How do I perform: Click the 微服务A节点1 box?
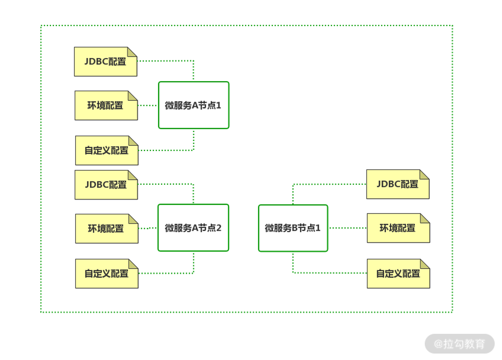point(194,105)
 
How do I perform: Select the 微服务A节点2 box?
point(193,228)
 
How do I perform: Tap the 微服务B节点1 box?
point(293,228)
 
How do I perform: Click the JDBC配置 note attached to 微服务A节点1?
point(106,62)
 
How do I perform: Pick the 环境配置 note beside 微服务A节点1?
point(106,106)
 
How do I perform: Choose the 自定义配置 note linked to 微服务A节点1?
point(106,151)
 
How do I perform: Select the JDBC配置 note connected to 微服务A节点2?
point(106,185)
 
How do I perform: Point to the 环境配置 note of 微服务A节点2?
point(106,229)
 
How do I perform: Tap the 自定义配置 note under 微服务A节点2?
point(106,274)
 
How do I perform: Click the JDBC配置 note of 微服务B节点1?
point(398,185)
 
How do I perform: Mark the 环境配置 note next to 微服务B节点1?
point(398,228)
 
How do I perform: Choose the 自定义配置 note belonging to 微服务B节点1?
point(398,274)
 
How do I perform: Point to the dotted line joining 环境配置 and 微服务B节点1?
point(348,228)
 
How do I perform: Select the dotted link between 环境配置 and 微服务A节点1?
point(148,105)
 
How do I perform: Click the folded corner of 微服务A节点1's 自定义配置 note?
point(134,140)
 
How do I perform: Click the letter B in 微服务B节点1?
point(294,228)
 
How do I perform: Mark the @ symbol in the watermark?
point(438,344)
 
